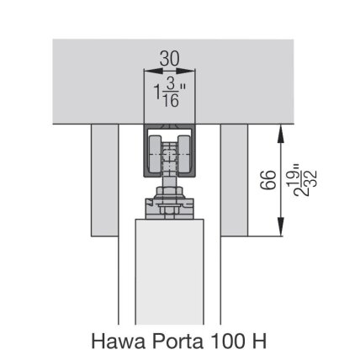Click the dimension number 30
click(169, 59)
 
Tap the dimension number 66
click(268, 180)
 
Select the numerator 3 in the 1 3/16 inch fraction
click(171, 84)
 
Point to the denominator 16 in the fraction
click(171, 100)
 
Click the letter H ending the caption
click(260, 341)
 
